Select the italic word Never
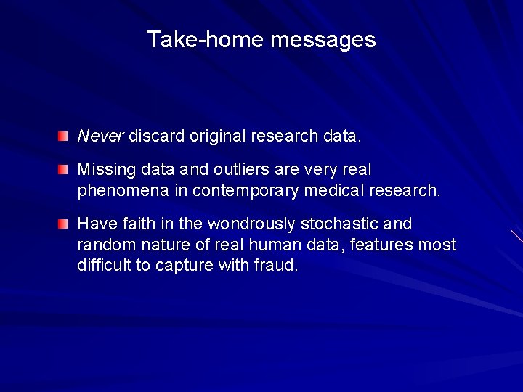point(101,135)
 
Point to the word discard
point(157,136)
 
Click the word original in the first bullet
point(217,136)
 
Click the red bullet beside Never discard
point(64,136)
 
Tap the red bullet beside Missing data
point(64,170)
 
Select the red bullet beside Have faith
point(64,222)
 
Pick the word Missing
point(105,170)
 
